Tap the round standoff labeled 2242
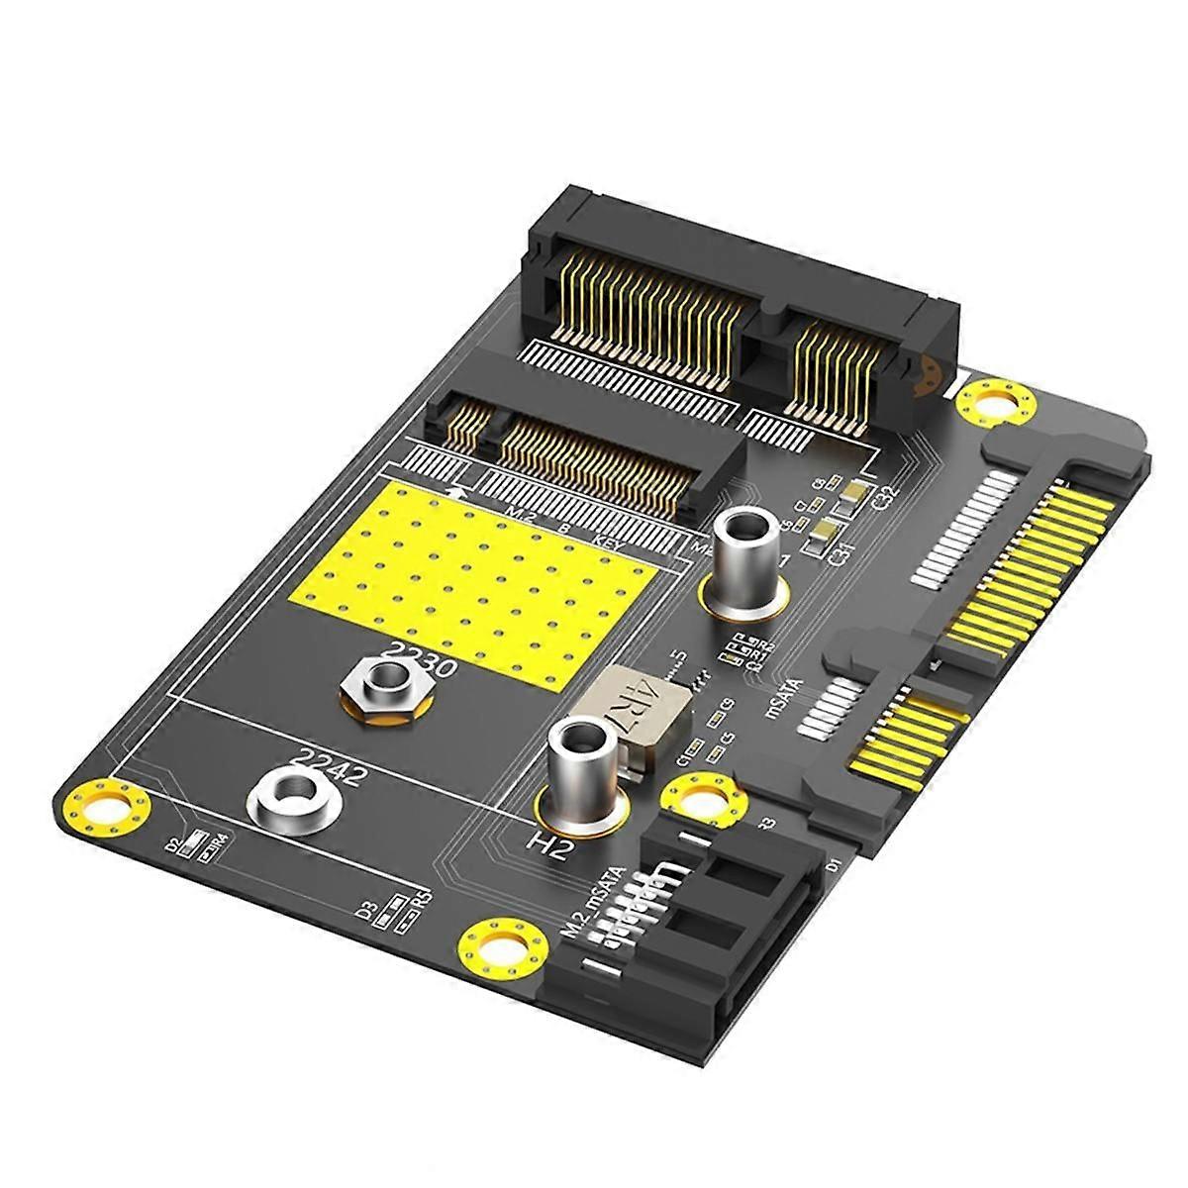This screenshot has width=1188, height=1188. pos(290,799)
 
